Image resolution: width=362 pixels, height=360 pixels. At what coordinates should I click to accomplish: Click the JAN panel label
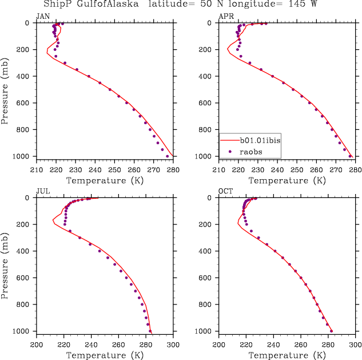pos(42,16)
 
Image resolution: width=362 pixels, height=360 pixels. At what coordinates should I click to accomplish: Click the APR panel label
pos(225,16)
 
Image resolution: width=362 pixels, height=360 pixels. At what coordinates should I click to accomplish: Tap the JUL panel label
pos(42,191)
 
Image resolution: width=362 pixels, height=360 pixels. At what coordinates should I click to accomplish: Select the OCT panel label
pos(225,191)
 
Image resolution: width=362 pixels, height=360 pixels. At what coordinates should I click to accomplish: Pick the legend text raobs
pos(252,152)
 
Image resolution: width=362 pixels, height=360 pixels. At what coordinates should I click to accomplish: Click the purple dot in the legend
pos(230,152)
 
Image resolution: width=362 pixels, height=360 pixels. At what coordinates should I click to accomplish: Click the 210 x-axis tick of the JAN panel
pos(37,170)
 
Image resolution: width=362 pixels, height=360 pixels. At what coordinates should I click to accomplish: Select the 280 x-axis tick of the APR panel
pos(355,170)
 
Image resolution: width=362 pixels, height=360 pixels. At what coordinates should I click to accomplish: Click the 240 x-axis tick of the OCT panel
pos(273,345)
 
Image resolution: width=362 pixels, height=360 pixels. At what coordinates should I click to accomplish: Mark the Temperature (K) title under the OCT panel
pos(287,355)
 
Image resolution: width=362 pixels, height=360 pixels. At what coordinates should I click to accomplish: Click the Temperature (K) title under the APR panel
pos(287,180)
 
